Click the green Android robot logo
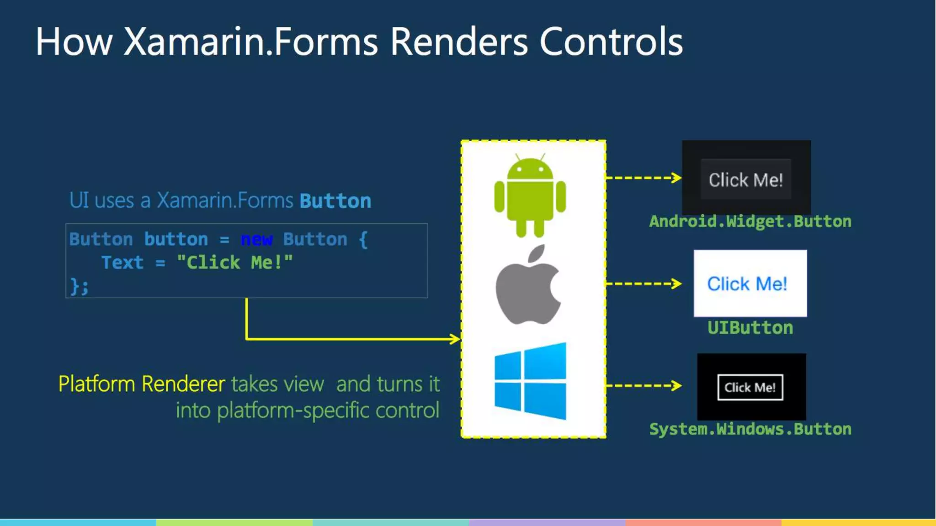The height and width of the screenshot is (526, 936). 530,196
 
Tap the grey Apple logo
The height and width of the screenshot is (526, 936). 528,288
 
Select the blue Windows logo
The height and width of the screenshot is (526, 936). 530,381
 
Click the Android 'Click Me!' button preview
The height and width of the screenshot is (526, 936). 746,179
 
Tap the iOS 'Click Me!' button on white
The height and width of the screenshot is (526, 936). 747,284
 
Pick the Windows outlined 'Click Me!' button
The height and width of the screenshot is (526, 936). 750,387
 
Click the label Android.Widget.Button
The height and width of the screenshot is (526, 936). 750,221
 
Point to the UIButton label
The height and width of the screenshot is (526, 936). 750,328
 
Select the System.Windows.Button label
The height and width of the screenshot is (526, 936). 750,429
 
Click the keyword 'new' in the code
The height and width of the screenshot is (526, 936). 256,239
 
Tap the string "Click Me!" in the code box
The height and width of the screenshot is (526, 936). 234,263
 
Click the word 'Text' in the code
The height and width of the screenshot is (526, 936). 122,263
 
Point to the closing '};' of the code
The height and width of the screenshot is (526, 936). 79,286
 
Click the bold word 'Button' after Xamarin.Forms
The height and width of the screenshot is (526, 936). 335,201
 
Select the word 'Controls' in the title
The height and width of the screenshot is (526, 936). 611,42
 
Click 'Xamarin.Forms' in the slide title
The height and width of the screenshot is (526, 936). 250,42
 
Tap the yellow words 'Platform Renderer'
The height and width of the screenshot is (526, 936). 142,384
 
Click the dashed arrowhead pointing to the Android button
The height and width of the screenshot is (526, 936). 677,178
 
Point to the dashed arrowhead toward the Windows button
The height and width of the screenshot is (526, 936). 677,386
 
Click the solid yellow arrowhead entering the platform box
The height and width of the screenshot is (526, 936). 455,339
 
